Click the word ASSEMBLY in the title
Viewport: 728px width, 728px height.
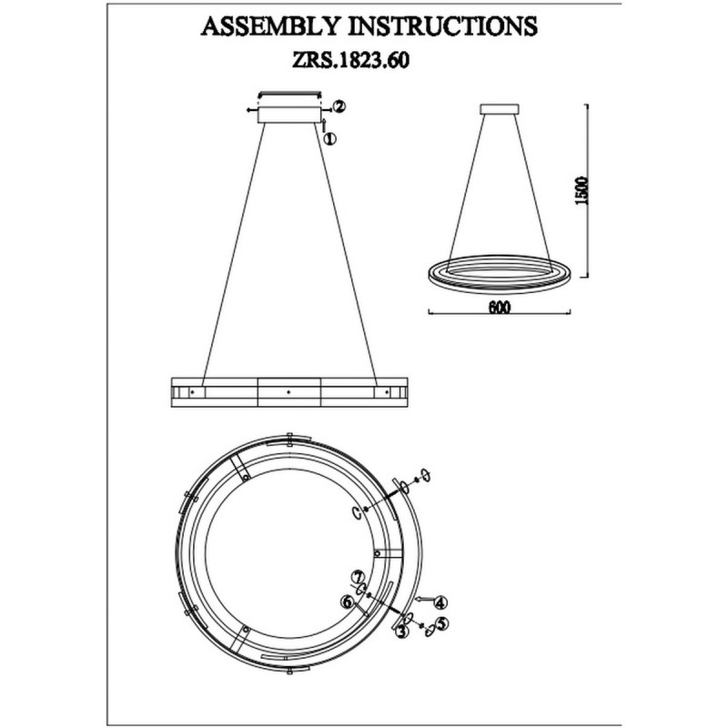tap(270, 26)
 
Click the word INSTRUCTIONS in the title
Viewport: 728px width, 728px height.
tap(443, 26)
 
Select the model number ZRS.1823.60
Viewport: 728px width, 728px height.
tap(350, 60)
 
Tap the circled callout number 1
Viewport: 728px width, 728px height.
tap(329, 138)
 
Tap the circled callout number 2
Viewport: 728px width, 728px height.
tap(339, 106)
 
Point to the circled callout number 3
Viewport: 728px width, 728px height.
tap(400, 631)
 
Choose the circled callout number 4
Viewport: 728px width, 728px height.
tap(440, 603)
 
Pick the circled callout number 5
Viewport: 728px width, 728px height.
tap(443, 623)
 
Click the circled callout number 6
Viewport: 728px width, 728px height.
tap(347, 602)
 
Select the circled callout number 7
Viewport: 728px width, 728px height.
tap(357, 577)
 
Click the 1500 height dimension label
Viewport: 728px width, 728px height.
tap(581, 191)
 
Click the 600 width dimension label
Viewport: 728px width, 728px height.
tap(499, 308)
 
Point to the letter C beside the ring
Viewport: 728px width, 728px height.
tap(356, 512)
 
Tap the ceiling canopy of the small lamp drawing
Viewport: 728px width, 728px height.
tap(499, 109)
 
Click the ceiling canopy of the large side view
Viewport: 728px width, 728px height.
tap(289, 115)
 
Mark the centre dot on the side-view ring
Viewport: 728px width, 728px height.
tap(288, 392)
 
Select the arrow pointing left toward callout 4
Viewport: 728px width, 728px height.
tap(425, 600)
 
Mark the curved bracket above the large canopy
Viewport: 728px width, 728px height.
tap(289, 95)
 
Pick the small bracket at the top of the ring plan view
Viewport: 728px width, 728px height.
tap(289, 440)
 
